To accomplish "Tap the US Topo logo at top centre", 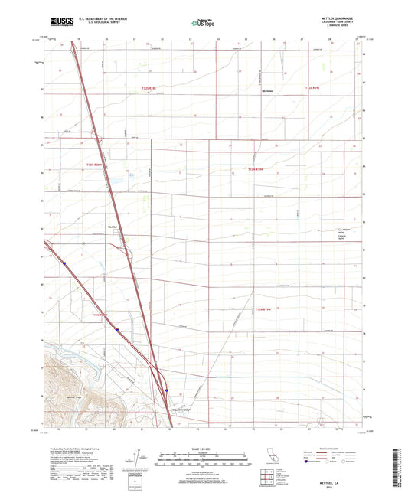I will coord(204,24).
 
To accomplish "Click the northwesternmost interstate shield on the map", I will coord(65,264).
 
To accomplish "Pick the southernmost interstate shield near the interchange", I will coord(166,390).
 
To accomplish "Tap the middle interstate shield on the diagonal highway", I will coord(118,329).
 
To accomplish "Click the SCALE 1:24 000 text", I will coord(204,449).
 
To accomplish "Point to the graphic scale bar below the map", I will coord(204,461).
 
